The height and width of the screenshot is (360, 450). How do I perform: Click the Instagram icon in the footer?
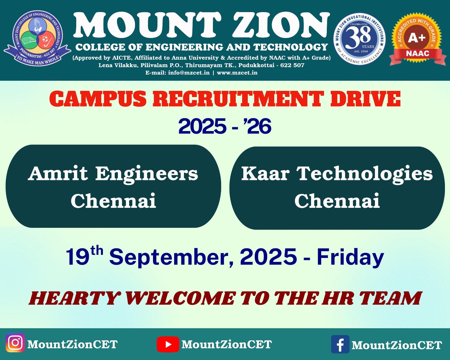pyautogui.click(x=15, y=343)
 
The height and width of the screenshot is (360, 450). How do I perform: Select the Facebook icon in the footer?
pyautogui.click(x=340, y=344)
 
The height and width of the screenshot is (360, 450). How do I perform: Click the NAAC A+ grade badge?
pyautogui.click(x=417, y=39)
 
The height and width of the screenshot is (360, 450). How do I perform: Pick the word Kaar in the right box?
pyautogui.click(x=265, y=173)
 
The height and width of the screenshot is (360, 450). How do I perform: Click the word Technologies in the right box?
pyautogui.click(x=364, y=174)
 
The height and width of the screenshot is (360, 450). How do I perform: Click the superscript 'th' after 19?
pyautogui.click(x=97, y=250)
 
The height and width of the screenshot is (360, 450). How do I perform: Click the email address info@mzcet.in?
pyautogui.click(x=189, y=73)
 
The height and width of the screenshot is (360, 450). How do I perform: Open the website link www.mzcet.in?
pyautogui.click(x=237, y=73)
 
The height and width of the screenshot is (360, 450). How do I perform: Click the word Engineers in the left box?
pyautogui.click(x=147, y=174)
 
